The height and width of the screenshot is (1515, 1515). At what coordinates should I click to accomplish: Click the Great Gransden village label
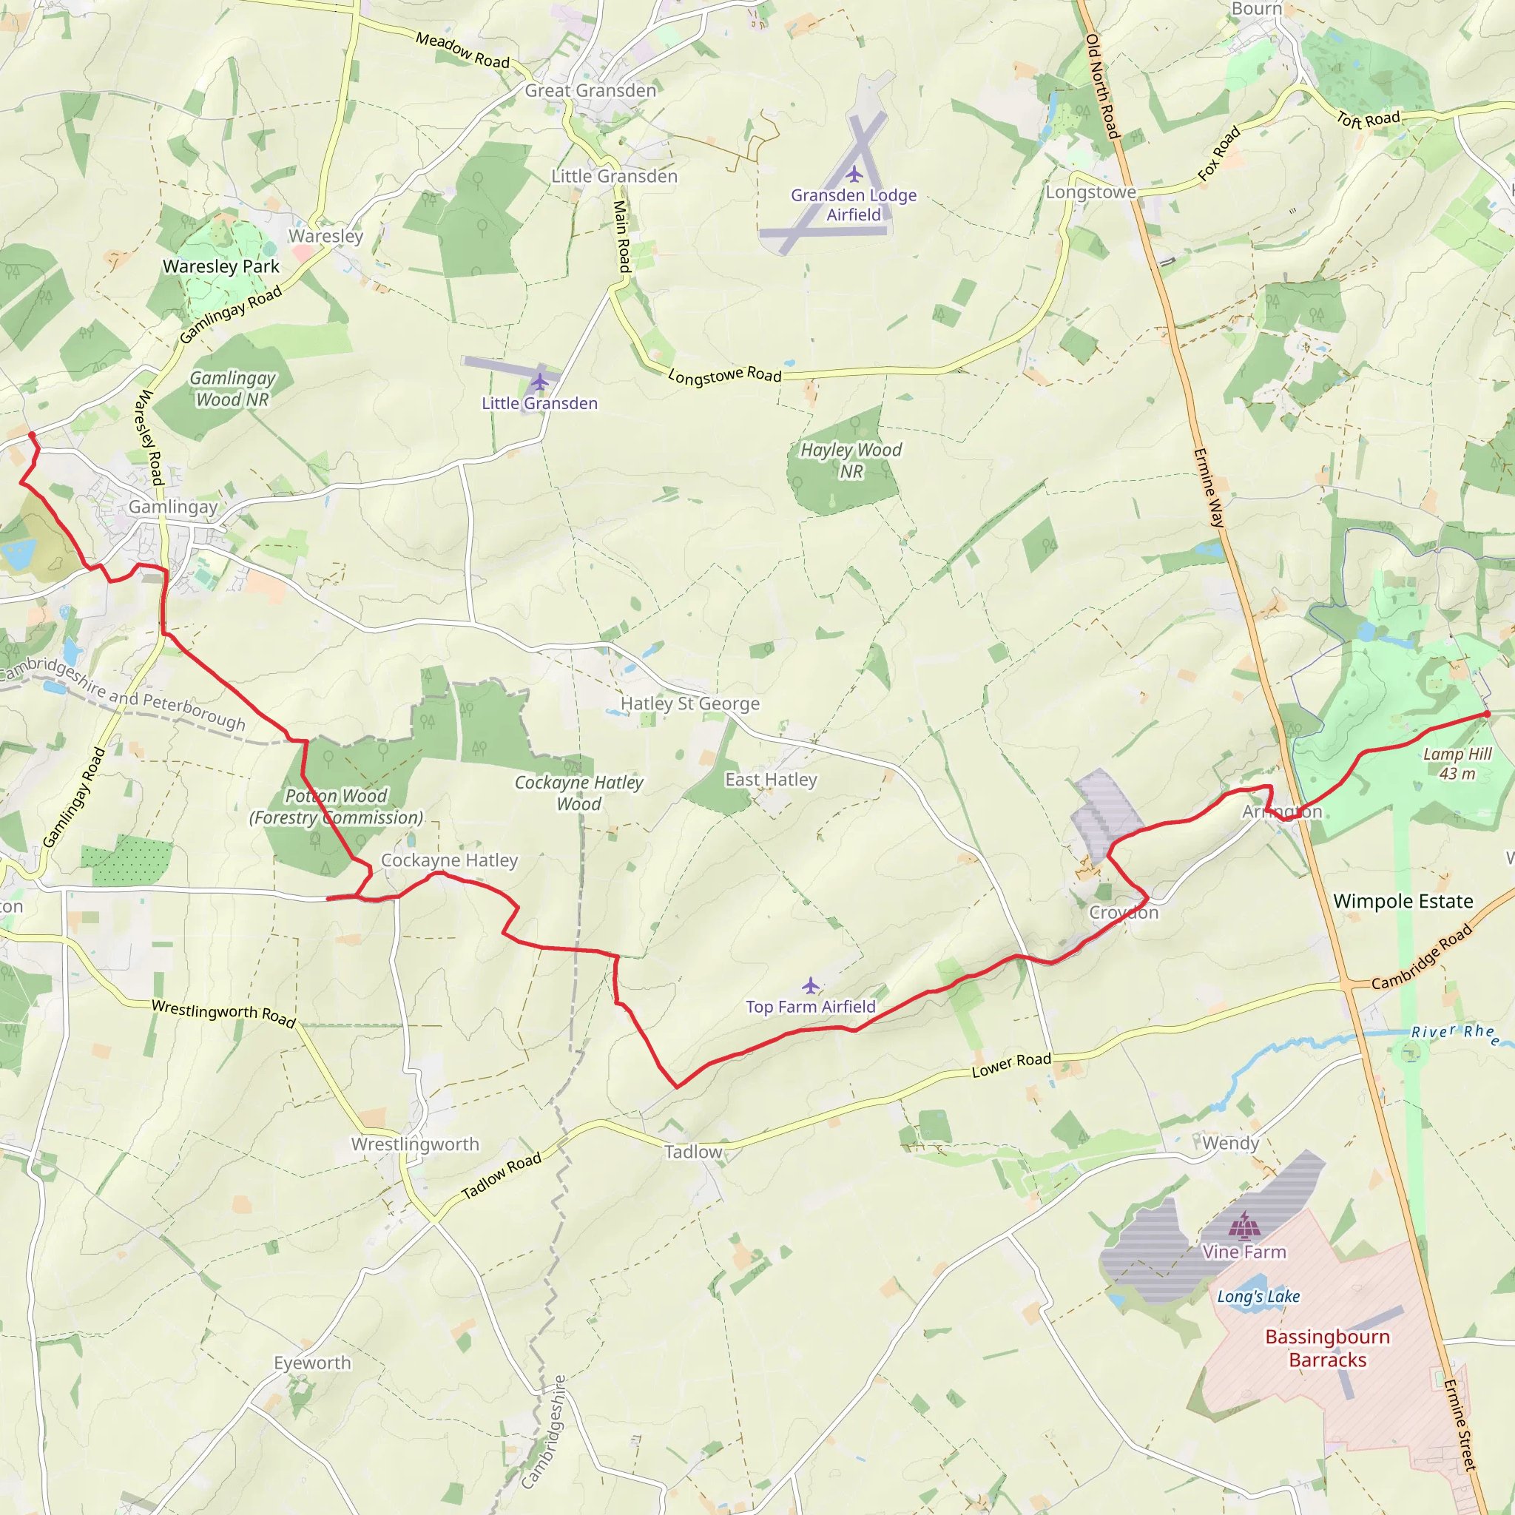point(590,91)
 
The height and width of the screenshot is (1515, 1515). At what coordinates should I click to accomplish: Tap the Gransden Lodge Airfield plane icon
point(854,174)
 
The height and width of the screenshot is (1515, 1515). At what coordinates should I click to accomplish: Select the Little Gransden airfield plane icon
point(539,382)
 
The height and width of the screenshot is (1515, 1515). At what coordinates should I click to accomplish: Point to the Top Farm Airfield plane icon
point(810,985)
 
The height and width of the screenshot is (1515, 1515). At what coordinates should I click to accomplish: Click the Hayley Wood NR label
point(851,460)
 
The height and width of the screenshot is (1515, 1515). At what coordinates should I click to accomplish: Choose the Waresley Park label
point(221,266)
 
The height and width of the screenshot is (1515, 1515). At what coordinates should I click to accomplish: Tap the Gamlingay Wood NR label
point(232,389)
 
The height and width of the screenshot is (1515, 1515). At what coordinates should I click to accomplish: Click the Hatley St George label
point(690,703)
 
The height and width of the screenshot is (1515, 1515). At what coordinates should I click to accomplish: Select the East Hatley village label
point(771,780)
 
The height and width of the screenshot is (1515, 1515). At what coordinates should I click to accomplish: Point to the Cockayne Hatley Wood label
point(578,793)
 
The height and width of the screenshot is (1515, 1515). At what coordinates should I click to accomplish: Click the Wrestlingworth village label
point(415,1144)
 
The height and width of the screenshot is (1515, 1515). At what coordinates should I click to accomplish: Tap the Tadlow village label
point(693,1152)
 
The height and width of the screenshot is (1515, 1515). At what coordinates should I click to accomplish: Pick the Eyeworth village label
point(312,1363)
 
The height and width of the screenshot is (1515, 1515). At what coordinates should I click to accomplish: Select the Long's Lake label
point(1258,1297)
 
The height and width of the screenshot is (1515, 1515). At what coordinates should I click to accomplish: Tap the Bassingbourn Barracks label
point(1328,1348)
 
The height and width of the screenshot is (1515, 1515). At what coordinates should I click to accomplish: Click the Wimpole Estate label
point(1403,901)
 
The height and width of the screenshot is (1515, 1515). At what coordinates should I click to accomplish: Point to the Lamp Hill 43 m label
point(1457,763)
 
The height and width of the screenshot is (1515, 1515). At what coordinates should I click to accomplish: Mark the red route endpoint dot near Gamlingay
point(32,435)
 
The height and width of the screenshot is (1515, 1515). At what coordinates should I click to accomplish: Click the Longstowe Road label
point(724,376)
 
